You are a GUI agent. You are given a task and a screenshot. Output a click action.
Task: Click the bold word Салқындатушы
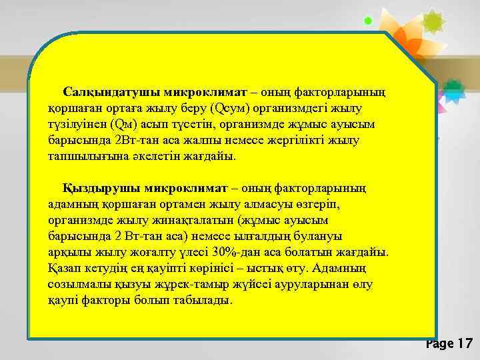click(100, 91)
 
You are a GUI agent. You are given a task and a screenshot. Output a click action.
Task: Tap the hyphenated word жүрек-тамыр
click(190, 285)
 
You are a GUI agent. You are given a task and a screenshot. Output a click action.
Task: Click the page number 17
click(464, 344)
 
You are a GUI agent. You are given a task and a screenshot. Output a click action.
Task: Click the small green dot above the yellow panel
click(367, 21)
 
